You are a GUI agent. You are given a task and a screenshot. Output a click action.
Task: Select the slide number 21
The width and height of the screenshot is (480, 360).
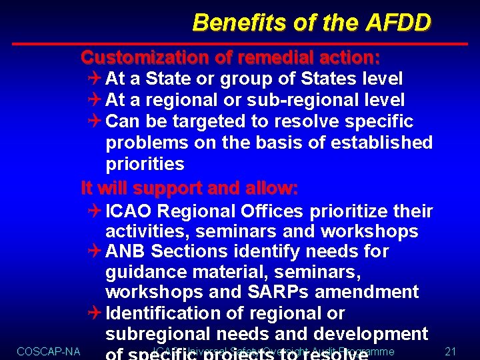[x=450, y=351]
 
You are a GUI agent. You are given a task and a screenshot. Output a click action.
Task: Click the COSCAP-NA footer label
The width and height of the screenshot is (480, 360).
[x=48, y=351]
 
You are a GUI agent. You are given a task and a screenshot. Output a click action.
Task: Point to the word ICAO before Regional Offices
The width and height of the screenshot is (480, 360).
[x=129, y=212]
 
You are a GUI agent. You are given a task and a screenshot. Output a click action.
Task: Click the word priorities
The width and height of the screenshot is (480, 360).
[x=145, y=164]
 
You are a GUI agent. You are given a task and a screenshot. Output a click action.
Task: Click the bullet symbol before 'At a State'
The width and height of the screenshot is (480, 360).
[x=94, y=79]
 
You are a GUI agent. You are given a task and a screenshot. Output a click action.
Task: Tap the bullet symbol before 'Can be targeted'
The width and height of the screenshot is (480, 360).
[x=94, y=122]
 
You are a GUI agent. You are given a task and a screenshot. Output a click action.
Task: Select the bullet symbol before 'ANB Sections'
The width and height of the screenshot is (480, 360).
[x=94, y=252]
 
